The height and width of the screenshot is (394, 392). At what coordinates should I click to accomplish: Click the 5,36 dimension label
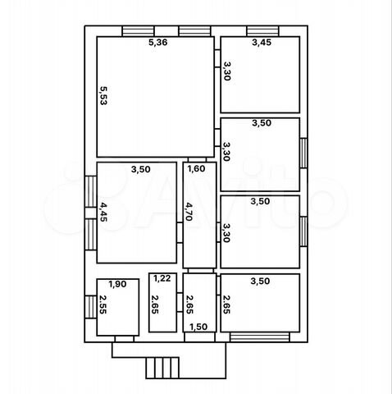157,43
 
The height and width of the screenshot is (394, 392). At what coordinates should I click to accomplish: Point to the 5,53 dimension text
103,96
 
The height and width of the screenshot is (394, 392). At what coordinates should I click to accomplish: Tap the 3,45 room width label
262,43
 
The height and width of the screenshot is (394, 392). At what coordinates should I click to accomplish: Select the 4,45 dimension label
103,212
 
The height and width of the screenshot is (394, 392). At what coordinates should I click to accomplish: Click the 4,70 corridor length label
189,212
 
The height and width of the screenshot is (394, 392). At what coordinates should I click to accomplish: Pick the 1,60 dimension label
196,169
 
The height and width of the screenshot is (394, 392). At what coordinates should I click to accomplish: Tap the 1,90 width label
117,284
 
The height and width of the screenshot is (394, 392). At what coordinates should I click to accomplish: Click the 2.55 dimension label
103,305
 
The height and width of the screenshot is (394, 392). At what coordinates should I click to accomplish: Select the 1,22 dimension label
162,278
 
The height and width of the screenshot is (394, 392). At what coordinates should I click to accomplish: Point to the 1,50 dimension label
198,327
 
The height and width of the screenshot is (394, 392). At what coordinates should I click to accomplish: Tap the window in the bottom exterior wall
259,337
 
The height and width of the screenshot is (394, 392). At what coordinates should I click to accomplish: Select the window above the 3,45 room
262,31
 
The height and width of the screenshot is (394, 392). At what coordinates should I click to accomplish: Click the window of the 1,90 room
91,307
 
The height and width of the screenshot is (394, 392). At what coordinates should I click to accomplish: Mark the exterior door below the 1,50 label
199,337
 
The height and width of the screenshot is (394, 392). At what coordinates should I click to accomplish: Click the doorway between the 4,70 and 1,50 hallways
200,271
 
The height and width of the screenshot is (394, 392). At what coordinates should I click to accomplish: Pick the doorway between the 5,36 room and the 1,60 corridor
197,160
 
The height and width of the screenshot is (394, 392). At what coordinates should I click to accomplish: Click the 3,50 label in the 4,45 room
141,169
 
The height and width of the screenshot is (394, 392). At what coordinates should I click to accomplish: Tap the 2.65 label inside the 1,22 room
155,305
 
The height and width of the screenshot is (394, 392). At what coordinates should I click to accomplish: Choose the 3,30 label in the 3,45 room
227,71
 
